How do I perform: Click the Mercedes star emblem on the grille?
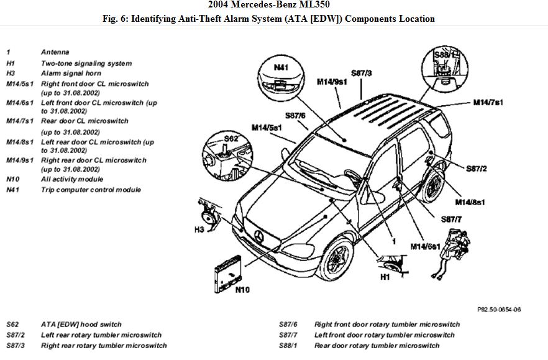click(260, 236)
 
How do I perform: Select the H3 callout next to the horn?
click(199, 229)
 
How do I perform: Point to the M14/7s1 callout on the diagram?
click(488, 102)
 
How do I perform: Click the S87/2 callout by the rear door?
click(476, 168)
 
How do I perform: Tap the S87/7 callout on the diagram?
click(452, 219)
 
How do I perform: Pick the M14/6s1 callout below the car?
click(425, 246)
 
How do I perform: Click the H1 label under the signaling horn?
click(385, 277)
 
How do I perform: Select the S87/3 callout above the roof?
click(361, 73)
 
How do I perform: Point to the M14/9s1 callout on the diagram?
click(332, 81)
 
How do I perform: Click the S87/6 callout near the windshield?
click(295, 115)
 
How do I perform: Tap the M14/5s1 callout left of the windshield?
click(267, 127)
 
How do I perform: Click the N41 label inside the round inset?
click(281, 67)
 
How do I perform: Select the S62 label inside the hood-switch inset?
click(231, 139)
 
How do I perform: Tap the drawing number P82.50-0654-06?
click(499, 309)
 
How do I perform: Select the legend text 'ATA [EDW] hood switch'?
click(81, 324)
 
